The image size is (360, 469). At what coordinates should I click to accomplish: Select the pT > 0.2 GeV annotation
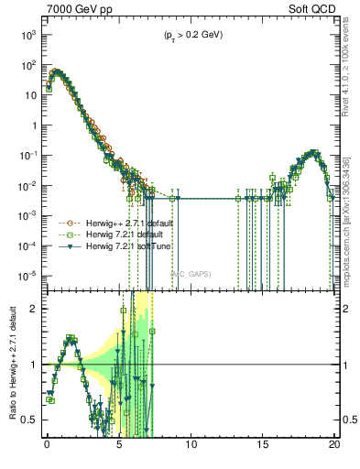(188, 36)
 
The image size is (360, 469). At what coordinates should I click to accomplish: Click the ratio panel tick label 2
(33, 309)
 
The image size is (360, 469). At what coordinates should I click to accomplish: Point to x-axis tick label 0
(47, 449)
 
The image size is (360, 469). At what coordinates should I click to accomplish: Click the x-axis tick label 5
(119, 449)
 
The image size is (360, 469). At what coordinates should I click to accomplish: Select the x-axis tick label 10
(191, 449)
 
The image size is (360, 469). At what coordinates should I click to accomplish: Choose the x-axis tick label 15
(263, 449)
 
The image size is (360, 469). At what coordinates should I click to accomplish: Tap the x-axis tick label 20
(334, 449)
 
